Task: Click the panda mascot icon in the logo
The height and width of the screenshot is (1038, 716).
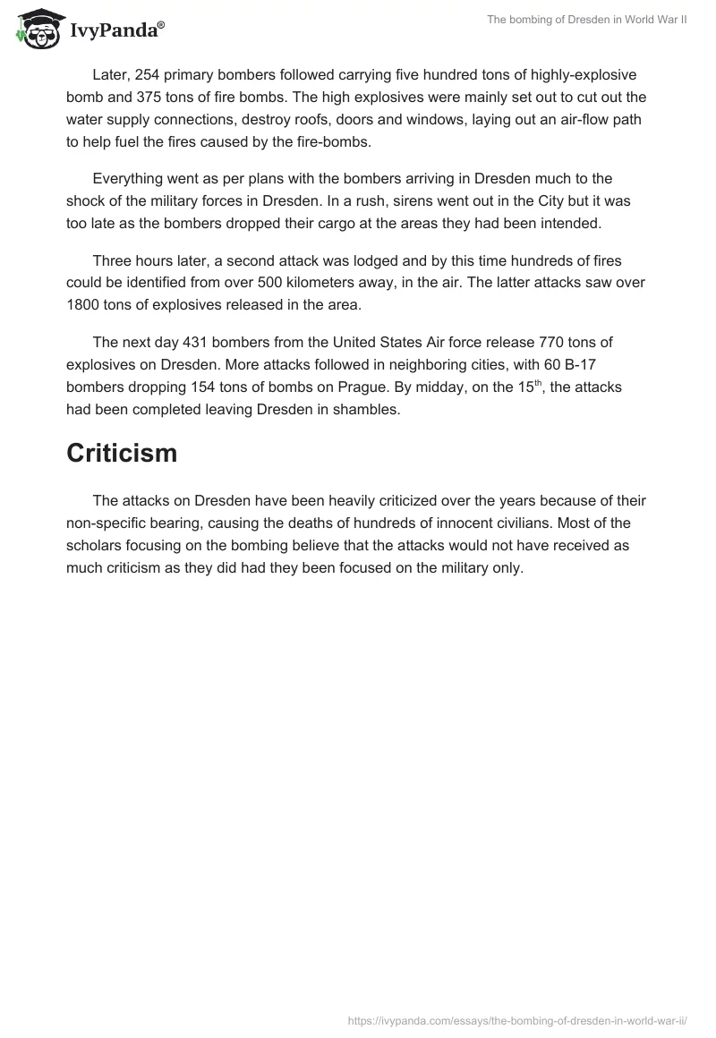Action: point(36,29)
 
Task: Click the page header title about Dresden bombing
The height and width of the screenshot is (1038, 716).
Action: point(586,20)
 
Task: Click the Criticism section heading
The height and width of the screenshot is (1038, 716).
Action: point(122,454)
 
